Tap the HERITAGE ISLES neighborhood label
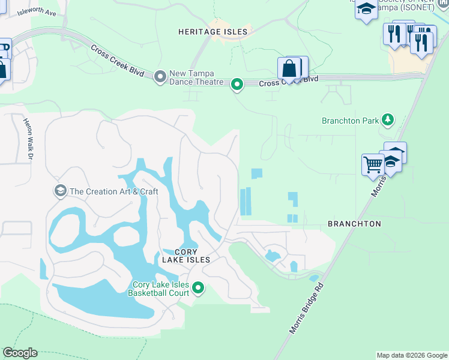tap(212, 31)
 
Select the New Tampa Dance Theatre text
tap(196, 77)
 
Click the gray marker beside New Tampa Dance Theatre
tap(160, 77)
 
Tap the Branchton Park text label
tap(350, 121)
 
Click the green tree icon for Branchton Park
tap(388, 120)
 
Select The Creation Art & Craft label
tap(113, 191)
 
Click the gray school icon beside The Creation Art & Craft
tap(60, 191)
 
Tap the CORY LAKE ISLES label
tap(186, 256)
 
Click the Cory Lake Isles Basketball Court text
tap(160, 289)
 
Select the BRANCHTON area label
tap(354, 224)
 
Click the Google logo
tap(20, 353)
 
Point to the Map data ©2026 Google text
tap(412, 355)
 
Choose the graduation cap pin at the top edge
tap(366, 9)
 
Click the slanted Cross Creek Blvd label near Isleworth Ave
tap(118, 60)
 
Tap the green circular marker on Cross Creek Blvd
tap(237, 85)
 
